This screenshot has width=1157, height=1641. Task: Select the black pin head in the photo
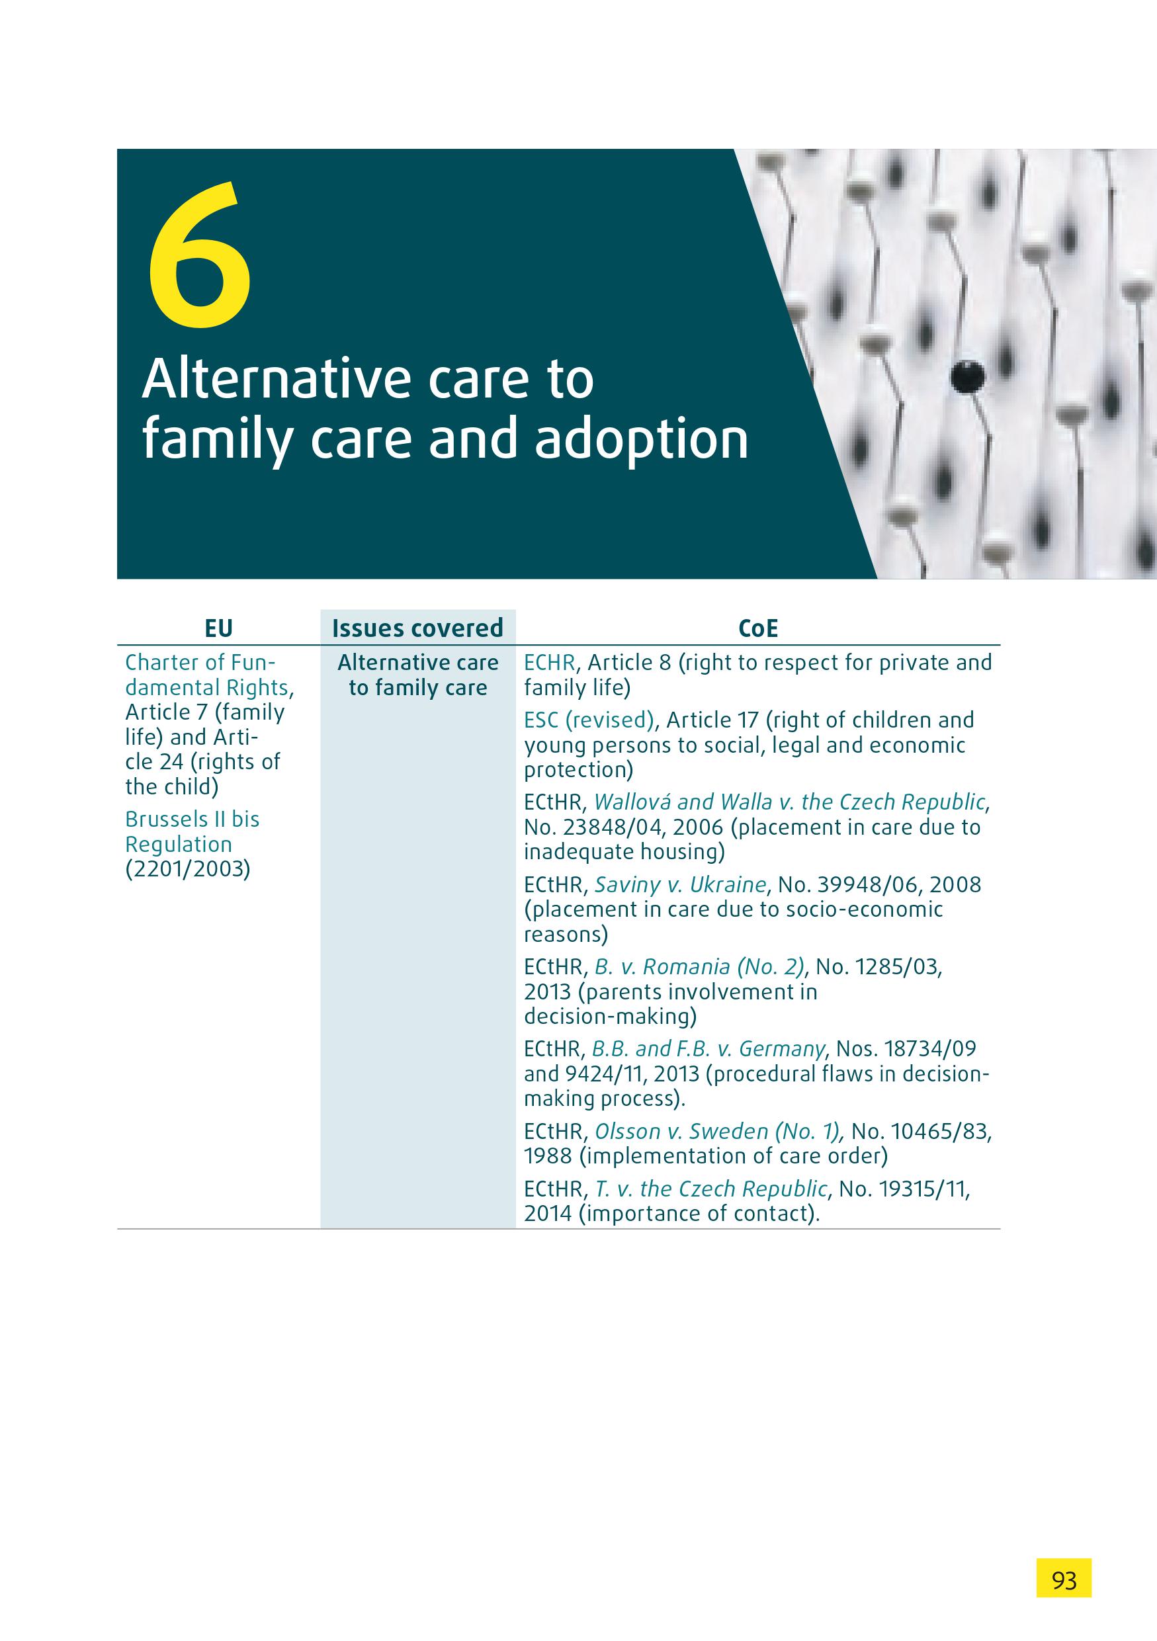coord(968,374)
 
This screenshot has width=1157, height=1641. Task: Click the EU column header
coord(219,628)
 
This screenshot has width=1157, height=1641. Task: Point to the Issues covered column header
coord(418,628)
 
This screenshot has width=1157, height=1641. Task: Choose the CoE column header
coord(758,628)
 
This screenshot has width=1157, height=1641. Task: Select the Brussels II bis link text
coord(193,819)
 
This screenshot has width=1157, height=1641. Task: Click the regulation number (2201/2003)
coord(188,869)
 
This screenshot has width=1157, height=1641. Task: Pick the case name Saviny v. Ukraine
coord(680,885)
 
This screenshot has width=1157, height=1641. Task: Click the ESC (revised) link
coord(589,720)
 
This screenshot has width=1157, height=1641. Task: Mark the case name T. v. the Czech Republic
coord(711,1189)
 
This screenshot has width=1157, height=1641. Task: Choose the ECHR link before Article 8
coord(550,663)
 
